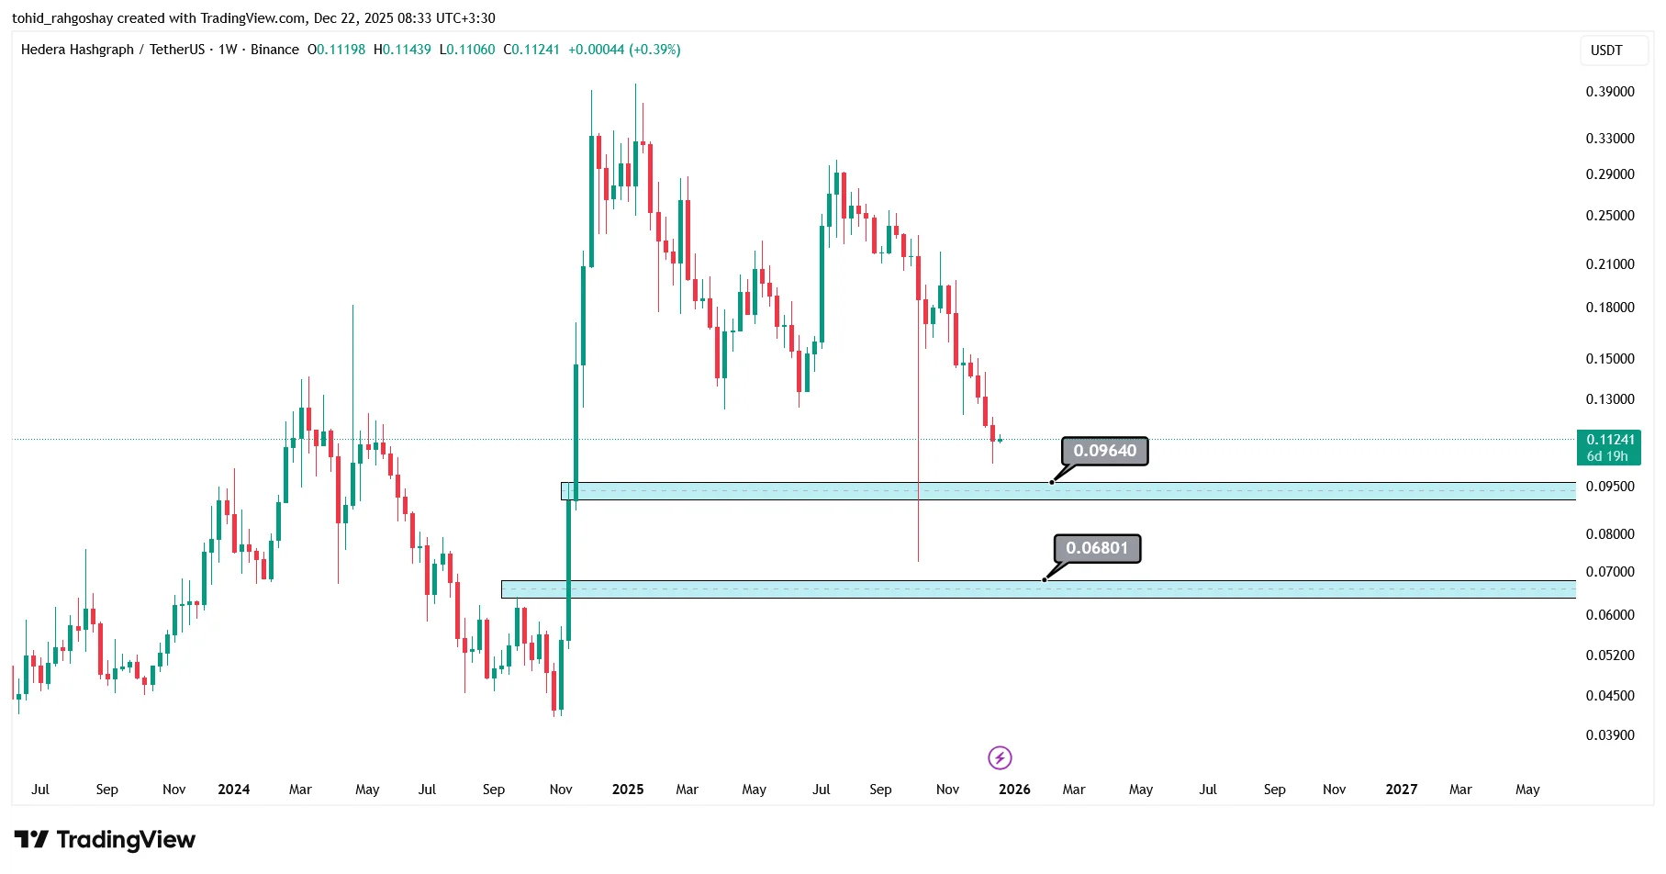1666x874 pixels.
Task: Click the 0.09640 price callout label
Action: (x=1104, y=451)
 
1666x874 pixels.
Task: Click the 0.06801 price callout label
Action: (x=1097, y=548)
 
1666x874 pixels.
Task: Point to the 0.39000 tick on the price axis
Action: (x=1610, y=92)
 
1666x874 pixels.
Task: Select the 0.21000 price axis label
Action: (x=1610, y=264)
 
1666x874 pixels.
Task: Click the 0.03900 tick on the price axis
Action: (x=1610, y=735)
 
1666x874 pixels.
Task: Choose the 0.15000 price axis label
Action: (x=1610, y=359)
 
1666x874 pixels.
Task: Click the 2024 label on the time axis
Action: (x=234, y=790)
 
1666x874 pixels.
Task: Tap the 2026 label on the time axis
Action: (x=1014, y=790)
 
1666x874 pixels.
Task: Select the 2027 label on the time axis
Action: (x=1402, y=790)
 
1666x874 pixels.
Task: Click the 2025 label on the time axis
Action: (x=628, y=790)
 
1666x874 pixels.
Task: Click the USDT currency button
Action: (x=1606, y=50)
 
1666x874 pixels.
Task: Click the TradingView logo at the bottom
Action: (x=105, y=840)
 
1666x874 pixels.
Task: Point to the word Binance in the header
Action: (x=274, y=50)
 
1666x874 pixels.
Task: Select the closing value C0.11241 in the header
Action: (x=531, y=50)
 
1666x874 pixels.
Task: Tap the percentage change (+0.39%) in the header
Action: (x=654, y=50)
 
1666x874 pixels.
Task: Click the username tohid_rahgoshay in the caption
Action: (x=61, y=18)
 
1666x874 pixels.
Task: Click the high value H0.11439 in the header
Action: (x=402, y=50)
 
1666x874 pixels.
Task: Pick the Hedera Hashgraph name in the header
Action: (x=77, y=50)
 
